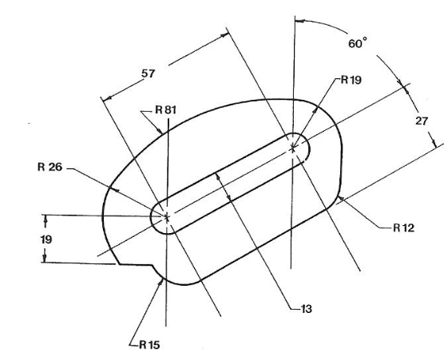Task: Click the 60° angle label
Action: tap(358, 43)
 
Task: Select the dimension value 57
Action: tap(149, 74)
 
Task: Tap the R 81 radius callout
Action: tap(165, 109)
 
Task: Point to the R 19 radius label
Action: tap(351, 80)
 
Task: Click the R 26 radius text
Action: tap(50, 167)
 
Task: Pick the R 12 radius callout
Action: tap(404, 227)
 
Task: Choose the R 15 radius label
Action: tap(149, 345)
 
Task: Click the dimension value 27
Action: tap(422, 121)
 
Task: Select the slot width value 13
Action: tap(307, 309)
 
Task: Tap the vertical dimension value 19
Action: tap(46, 239)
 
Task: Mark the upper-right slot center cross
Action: tap(293, 148)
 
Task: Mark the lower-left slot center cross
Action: tap(167, 217)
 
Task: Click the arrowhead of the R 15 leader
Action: tap(161, 281)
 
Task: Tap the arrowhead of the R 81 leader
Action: tap(160, 131)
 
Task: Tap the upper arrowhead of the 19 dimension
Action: tap(46, 218)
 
